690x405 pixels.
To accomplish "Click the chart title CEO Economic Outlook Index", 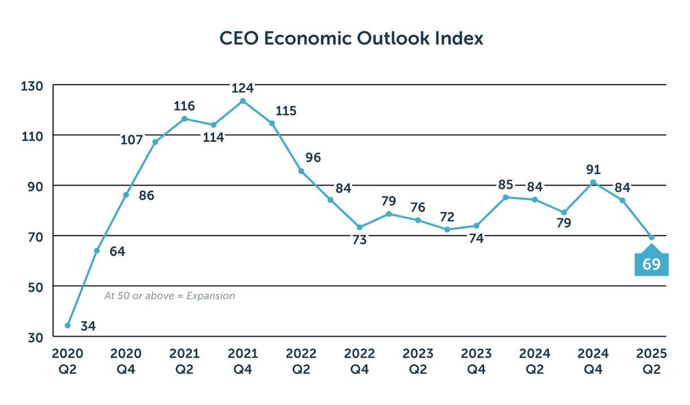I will (x=351, y=38).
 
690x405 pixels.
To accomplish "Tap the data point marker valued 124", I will (x=243, y=101).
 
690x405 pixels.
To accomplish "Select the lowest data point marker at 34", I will (x=68, y=325).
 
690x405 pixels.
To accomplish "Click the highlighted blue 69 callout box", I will (x=652, y=264).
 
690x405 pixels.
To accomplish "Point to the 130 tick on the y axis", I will (x=32, y=86).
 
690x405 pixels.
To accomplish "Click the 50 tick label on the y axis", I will (x=33, y=287).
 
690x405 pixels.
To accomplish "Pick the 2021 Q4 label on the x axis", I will (x=243, y=361).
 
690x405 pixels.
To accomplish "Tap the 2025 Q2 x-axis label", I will (x=652, y=361).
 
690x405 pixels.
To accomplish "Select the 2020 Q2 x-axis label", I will (x=68, y=361).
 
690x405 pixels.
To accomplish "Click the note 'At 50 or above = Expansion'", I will (x=169, y=296).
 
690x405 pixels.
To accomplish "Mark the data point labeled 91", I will (x=593, y=182).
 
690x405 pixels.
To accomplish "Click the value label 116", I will (x=184, y=106).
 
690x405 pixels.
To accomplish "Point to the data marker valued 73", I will (x=359, y=227).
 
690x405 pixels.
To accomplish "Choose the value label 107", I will (x=131, y=140).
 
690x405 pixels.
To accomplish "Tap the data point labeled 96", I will (x=301, y=171).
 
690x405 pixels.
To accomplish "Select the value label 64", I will (x=117, y=252).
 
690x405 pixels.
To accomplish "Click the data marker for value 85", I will (x=506, y=197).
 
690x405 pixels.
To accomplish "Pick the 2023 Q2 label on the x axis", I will (x=418, y=361).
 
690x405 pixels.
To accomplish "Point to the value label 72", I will (x=447, y=217).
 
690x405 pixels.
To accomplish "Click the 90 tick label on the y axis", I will (x=33, y=186).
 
